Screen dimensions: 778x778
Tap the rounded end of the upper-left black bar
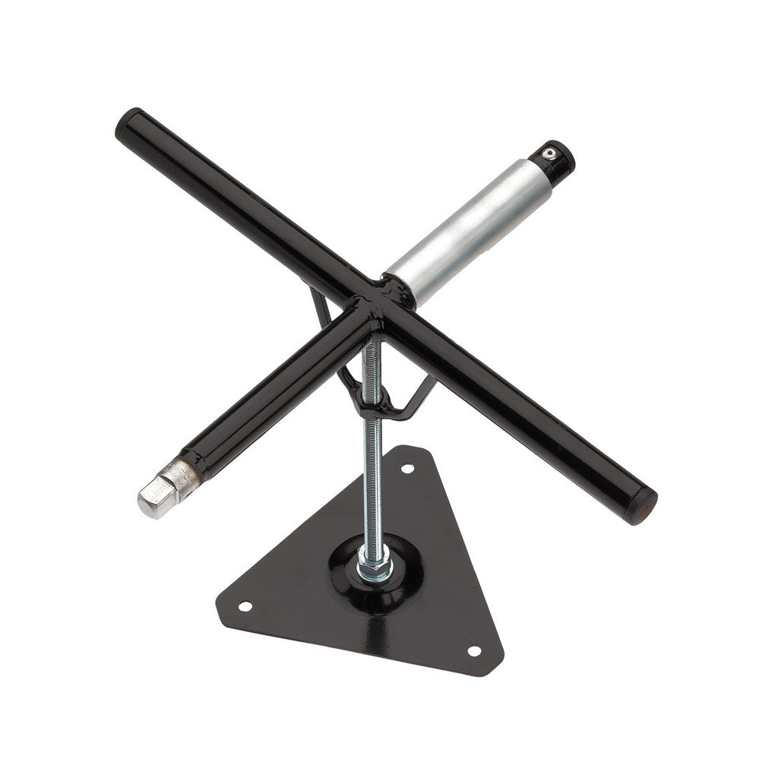coord(129,122)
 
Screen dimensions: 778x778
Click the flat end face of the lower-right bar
coord(646,504)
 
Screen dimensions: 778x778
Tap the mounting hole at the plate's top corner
coord(408,468)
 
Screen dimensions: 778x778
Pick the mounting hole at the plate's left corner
coord(245,606)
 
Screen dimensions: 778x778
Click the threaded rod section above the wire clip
coord(373,362)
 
